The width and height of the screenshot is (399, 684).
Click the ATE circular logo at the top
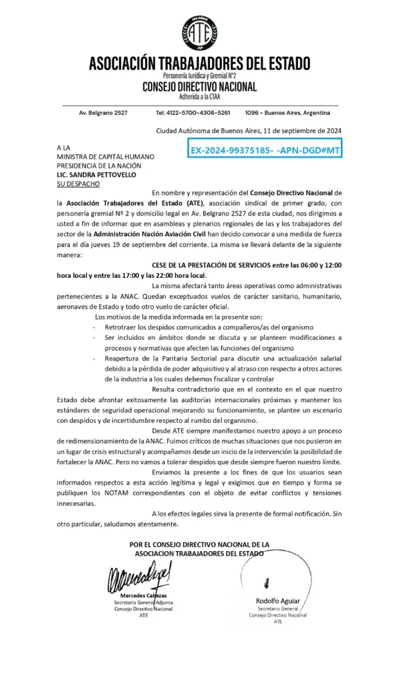click(199, 33)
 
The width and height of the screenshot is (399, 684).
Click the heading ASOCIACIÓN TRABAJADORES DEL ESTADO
click(199, 64)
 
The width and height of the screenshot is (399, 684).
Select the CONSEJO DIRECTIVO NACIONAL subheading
click(199, 87)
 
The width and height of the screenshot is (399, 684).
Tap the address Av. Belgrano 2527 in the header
click(103, 113)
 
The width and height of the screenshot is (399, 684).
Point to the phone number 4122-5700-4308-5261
click(193, 113)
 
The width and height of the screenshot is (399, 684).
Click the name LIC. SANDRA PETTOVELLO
click(96, 174)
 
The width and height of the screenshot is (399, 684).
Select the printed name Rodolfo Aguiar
click(277, 601)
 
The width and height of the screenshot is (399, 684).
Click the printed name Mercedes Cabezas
click(143, 595)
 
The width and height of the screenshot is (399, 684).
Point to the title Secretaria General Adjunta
click(143, 603)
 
